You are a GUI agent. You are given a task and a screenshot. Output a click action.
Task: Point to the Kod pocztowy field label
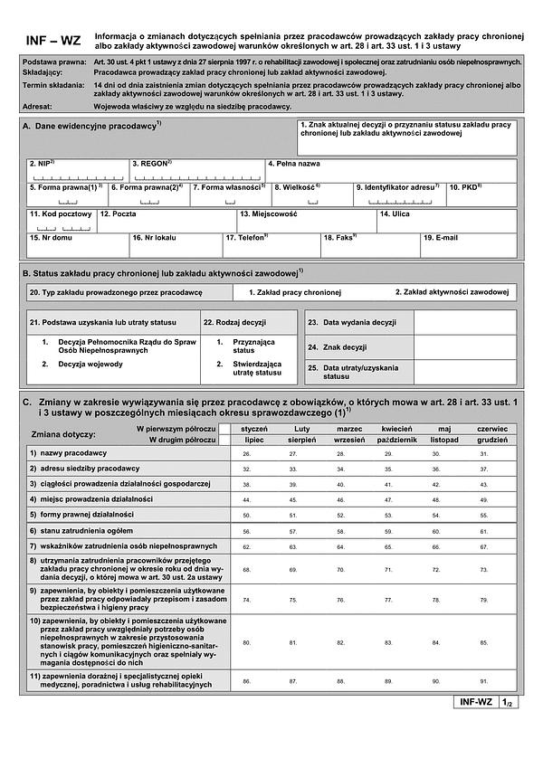(61, 214)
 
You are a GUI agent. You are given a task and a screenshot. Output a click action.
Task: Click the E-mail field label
(441, 238)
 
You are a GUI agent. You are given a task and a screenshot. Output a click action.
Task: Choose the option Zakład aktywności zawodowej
(452, 292)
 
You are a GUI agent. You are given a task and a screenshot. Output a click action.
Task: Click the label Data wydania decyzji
(359, 322)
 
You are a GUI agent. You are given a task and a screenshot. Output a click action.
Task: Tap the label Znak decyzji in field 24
(345, 346)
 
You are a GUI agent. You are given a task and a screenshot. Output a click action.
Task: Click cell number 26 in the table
(247, 452)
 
